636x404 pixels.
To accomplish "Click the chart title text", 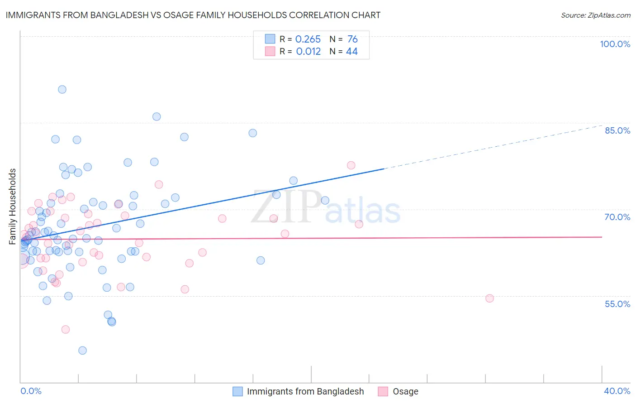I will tap(193, 15).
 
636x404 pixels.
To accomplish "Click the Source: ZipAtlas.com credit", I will tap(595, 15).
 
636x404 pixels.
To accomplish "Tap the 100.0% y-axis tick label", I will tap(615, 44).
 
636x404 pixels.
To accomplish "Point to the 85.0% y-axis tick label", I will tap(617, 130).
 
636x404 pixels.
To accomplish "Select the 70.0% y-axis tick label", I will tap(617, 217).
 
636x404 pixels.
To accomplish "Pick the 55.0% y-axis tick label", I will tap(617, 304).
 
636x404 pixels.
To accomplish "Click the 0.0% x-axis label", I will tap(31, 391).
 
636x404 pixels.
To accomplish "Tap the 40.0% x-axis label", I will tap(617, 391).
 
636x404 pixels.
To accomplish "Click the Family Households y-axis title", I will tap(13, 206).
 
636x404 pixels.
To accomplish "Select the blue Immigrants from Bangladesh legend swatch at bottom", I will tap(237, 391).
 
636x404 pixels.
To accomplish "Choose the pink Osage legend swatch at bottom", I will tap(383, 391).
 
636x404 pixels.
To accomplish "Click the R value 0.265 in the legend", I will tap(308, 39).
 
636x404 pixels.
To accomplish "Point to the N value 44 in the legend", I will tap(351, 52).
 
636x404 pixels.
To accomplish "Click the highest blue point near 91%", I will tap(62, 89).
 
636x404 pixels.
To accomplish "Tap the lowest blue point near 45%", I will tap(82, 350).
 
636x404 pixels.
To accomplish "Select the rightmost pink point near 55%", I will tap(489, 298).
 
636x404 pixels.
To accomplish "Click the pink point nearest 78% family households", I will tap(351, 165).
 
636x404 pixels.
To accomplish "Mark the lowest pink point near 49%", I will tap(66, 329).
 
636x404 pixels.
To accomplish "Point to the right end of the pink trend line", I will tap(602, 237).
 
